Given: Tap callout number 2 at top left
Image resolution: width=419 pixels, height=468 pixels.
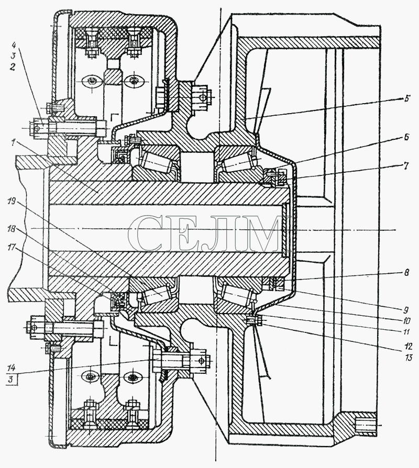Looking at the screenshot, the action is pyautogui.click(x=12, y=67).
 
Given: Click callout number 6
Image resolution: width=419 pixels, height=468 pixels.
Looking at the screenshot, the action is pyautogui.click(x=406, y=137).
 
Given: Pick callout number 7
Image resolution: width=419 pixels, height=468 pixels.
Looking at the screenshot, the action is pyautogui.click(x=406, y=165).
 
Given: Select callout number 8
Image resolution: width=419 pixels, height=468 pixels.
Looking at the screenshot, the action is pyautogui.click(x=406, y=273).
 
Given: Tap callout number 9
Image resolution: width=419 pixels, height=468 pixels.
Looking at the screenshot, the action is pyautogui.click(x=406, y=309).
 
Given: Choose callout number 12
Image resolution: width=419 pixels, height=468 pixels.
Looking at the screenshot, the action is pyautogui.click(x=408, y=346).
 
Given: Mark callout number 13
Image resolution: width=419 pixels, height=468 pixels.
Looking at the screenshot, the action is pyautogui.click(x=408, y=357).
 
